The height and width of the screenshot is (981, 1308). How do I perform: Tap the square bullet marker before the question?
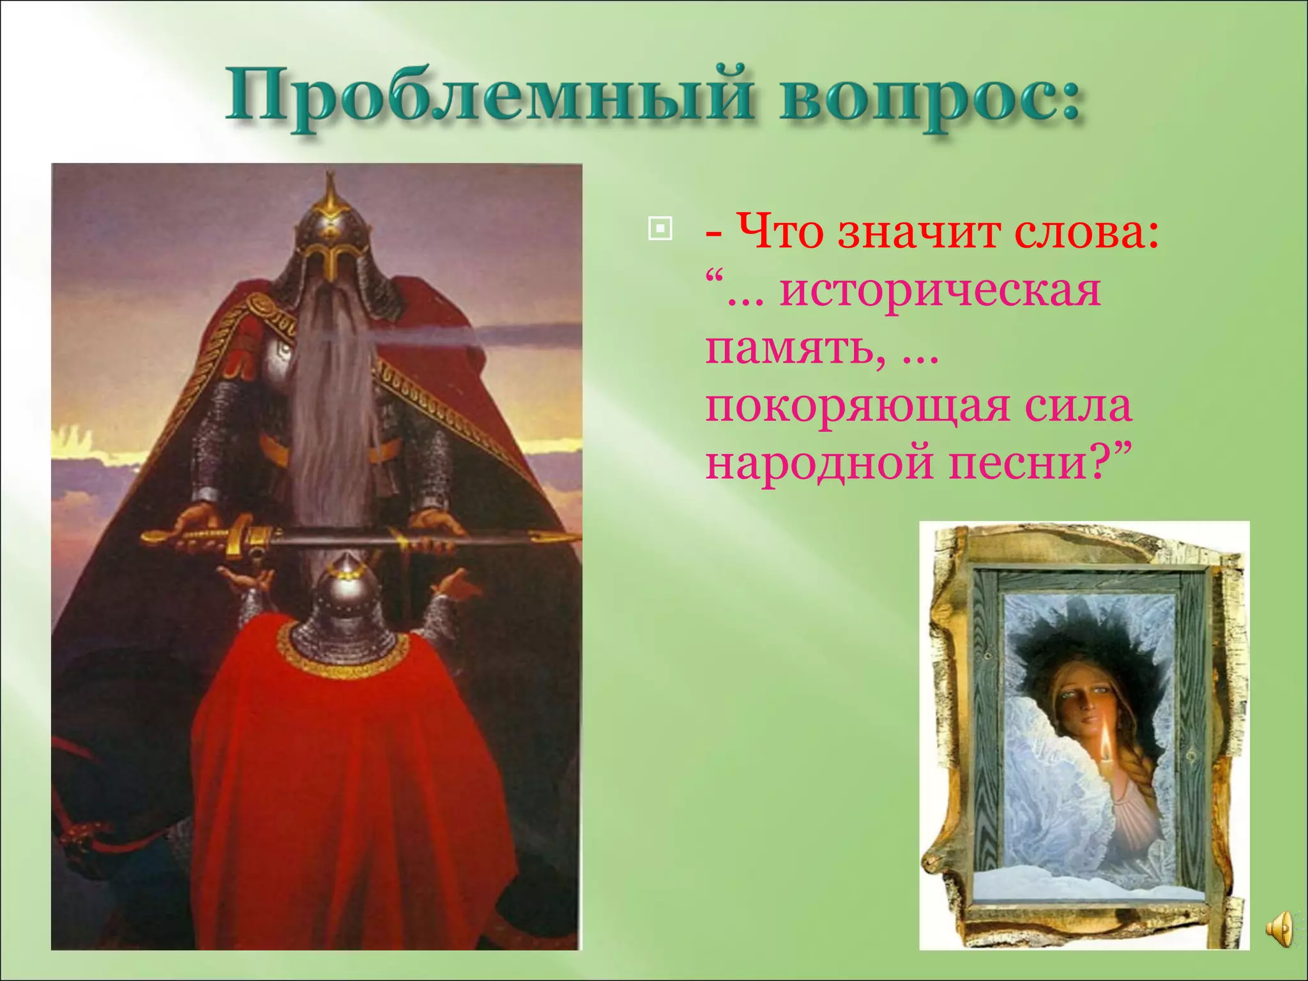coord(660,229)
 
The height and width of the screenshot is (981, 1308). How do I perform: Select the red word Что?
coord(780,231)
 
